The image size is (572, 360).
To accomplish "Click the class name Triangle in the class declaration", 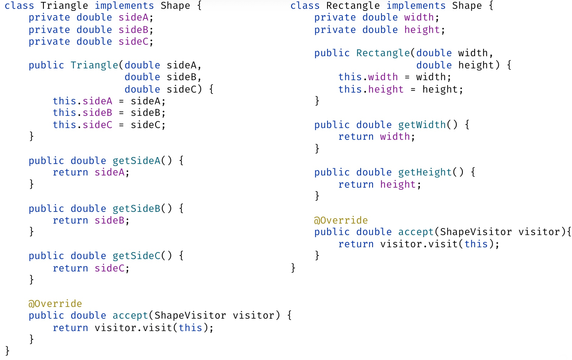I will coord(64,6).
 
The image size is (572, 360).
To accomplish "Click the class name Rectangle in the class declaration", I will coord(353,6).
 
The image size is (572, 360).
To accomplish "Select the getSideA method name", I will coord(136,161).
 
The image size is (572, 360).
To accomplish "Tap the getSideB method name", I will coord(136,209).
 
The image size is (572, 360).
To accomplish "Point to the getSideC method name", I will coord(136,256).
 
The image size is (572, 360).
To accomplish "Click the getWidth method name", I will coord(422,125).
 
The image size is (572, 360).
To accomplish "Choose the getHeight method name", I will coord(425,173).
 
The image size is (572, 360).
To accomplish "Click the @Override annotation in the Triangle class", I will coord(55,304).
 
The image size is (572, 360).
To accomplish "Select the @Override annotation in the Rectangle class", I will coord(341,220).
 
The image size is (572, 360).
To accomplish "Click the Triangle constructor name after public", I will coord(94,65).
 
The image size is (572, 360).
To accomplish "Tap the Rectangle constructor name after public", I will coord(383,53).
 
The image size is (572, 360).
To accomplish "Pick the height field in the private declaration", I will coord(422,30).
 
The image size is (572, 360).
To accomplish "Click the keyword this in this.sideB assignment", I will coord(64,113).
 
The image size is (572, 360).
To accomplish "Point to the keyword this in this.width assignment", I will coord(350,77).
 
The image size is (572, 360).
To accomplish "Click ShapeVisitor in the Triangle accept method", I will coord(190,315).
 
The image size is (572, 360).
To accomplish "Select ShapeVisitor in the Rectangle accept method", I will coord(475,232).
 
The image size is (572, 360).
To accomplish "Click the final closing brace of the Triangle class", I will coord(8,351).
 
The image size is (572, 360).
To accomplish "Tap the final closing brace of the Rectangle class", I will coord(293,268).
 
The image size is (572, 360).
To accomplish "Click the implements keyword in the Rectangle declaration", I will coord(416,6).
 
